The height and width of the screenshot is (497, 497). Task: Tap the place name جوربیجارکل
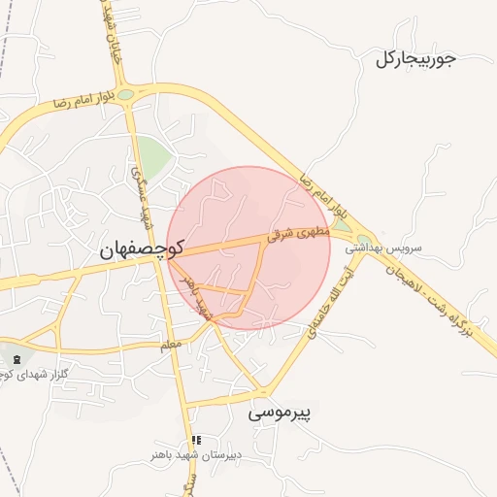[x=415, y=59]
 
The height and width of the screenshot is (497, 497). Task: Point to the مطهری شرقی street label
[x=300, y=232]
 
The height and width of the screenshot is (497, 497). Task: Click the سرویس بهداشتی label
[x=404, y=248]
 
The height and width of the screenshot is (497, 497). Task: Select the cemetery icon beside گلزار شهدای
[x=16, y=360]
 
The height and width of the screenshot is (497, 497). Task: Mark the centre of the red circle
[x=248, y=248]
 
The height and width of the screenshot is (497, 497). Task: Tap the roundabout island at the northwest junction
[x=126, y=94]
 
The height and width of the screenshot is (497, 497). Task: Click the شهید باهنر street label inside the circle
[x=196, y=295]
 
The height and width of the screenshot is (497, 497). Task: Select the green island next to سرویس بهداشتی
[x=364, y=240]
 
